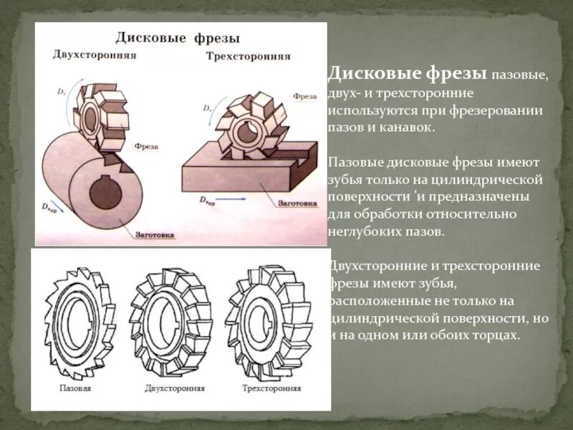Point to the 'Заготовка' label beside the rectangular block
297,203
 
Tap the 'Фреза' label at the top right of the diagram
305,95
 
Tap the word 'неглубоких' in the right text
362,231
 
